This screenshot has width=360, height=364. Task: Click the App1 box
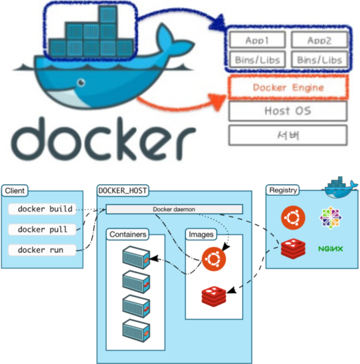257,40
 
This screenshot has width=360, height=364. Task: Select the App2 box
319,40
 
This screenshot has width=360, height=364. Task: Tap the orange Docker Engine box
288,87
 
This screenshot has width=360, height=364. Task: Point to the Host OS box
288,111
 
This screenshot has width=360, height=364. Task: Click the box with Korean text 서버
288,135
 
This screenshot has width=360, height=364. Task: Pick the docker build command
43,209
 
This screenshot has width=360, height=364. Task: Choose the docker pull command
43,229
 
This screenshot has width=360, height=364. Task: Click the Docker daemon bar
174,209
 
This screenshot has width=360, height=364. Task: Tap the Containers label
128,235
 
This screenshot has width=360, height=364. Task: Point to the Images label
201,235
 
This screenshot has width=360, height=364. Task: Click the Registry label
283,190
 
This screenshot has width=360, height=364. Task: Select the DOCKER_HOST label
123,191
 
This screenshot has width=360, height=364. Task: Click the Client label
15,191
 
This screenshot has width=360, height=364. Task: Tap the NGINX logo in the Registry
331,249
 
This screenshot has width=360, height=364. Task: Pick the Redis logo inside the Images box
213,296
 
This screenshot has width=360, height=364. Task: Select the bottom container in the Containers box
136,331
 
